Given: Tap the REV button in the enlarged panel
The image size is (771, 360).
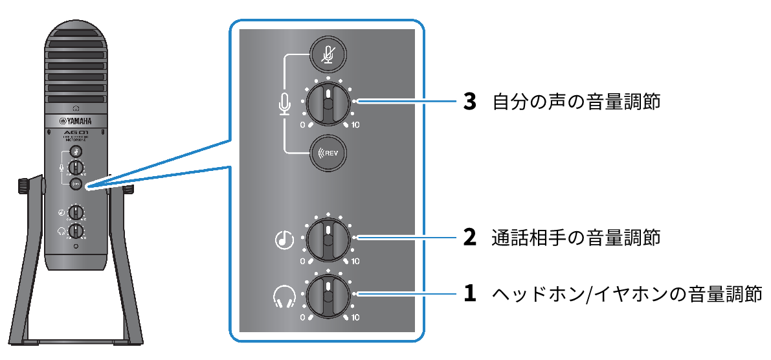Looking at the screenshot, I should pos(328,153).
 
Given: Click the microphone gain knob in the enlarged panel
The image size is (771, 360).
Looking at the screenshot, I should pos(328,104).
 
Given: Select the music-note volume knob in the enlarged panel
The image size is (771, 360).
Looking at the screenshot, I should pos(328,239).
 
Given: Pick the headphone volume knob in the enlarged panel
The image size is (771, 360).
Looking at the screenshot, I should pos(328,295).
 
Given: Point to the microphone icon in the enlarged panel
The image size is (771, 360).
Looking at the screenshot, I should pos(284,104).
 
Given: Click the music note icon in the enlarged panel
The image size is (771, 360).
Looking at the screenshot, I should pos(284,240).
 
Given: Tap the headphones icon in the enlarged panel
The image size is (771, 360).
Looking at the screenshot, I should pos(284,297).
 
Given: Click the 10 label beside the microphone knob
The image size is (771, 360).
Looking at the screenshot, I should pos(355,125).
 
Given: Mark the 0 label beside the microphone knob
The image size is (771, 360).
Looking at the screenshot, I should pos(302,125).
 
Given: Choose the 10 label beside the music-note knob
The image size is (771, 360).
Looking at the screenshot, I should pos(355,262).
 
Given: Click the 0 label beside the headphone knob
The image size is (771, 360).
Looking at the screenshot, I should pos(302,318).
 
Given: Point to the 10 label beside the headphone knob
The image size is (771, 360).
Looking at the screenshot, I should pos(355,318).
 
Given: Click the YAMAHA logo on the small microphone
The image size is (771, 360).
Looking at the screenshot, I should pos(76,120).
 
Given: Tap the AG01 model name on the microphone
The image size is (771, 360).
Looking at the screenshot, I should pos(76,132).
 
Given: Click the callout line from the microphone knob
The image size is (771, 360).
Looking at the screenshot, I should pos(408,101).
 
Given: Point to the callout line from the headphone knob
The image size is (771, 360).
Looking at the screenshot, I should pos(408,294).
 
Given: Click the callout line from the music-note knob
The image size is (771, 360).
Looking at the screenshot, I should pos(408,238).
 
